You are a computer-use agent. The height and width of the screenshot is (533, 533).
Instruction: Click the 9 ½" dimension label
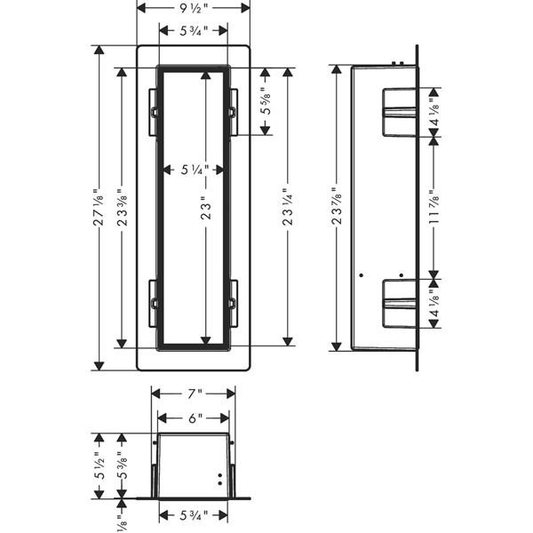[x=194, y=8]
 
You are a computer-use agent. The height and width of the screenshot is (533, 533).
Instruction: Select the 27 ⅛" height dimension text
[x=99, y=207]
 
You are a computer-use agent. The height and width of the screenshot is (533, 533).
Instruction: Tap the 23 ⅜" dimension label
[x=122, y=207]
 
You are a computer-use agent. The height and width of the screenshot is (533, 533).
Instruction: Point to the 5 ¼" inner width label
[x=195, y=170]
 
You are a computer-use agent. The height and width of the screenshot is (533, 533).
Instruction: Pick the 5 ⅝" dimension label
[x=265, y=101]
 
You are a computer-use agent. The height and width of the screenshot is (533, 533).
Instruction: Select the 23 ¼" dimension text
[x=288, y=207]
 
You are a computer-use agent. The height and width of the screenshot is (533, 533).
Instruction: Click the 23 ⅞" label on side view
[x=337, y=207]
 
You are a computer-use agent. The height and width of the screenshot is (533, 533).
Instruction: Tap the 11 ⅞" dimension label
[x=434, y=207]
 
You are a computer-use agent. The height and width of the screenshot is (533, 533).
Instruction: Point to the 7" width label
[x=194, y=394]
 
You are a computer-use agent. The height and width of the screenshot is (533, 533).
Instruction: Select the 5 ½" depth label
[x=99, y=465]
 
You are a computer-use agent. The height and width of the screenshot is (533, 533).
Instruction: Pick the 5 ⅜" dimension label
[x=123, y=465]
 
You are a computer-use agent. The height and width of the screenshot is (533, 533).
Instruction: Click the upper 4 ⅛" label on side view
[x=434, y=112]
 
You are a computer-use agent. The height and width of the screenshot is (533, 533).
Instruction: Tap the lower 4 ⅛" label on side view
[x=434, y=304]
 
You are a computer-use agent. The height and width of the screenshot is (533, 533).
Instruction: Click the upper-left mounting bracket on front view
[x=153, y=112]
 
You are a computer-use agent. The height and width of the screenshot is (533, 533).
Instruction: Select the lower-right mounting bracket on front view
[x=233, y=304]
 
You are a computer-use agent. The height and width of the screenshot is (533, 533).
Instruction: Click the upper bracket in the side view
[x=400, y=112]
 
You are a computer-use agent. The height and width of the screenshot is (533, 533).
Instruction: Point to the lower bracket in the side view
[x=400, y=304]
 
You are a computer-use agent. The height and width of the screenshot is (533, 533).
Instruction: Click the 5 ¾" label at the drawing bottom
[x=194, y=515]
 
